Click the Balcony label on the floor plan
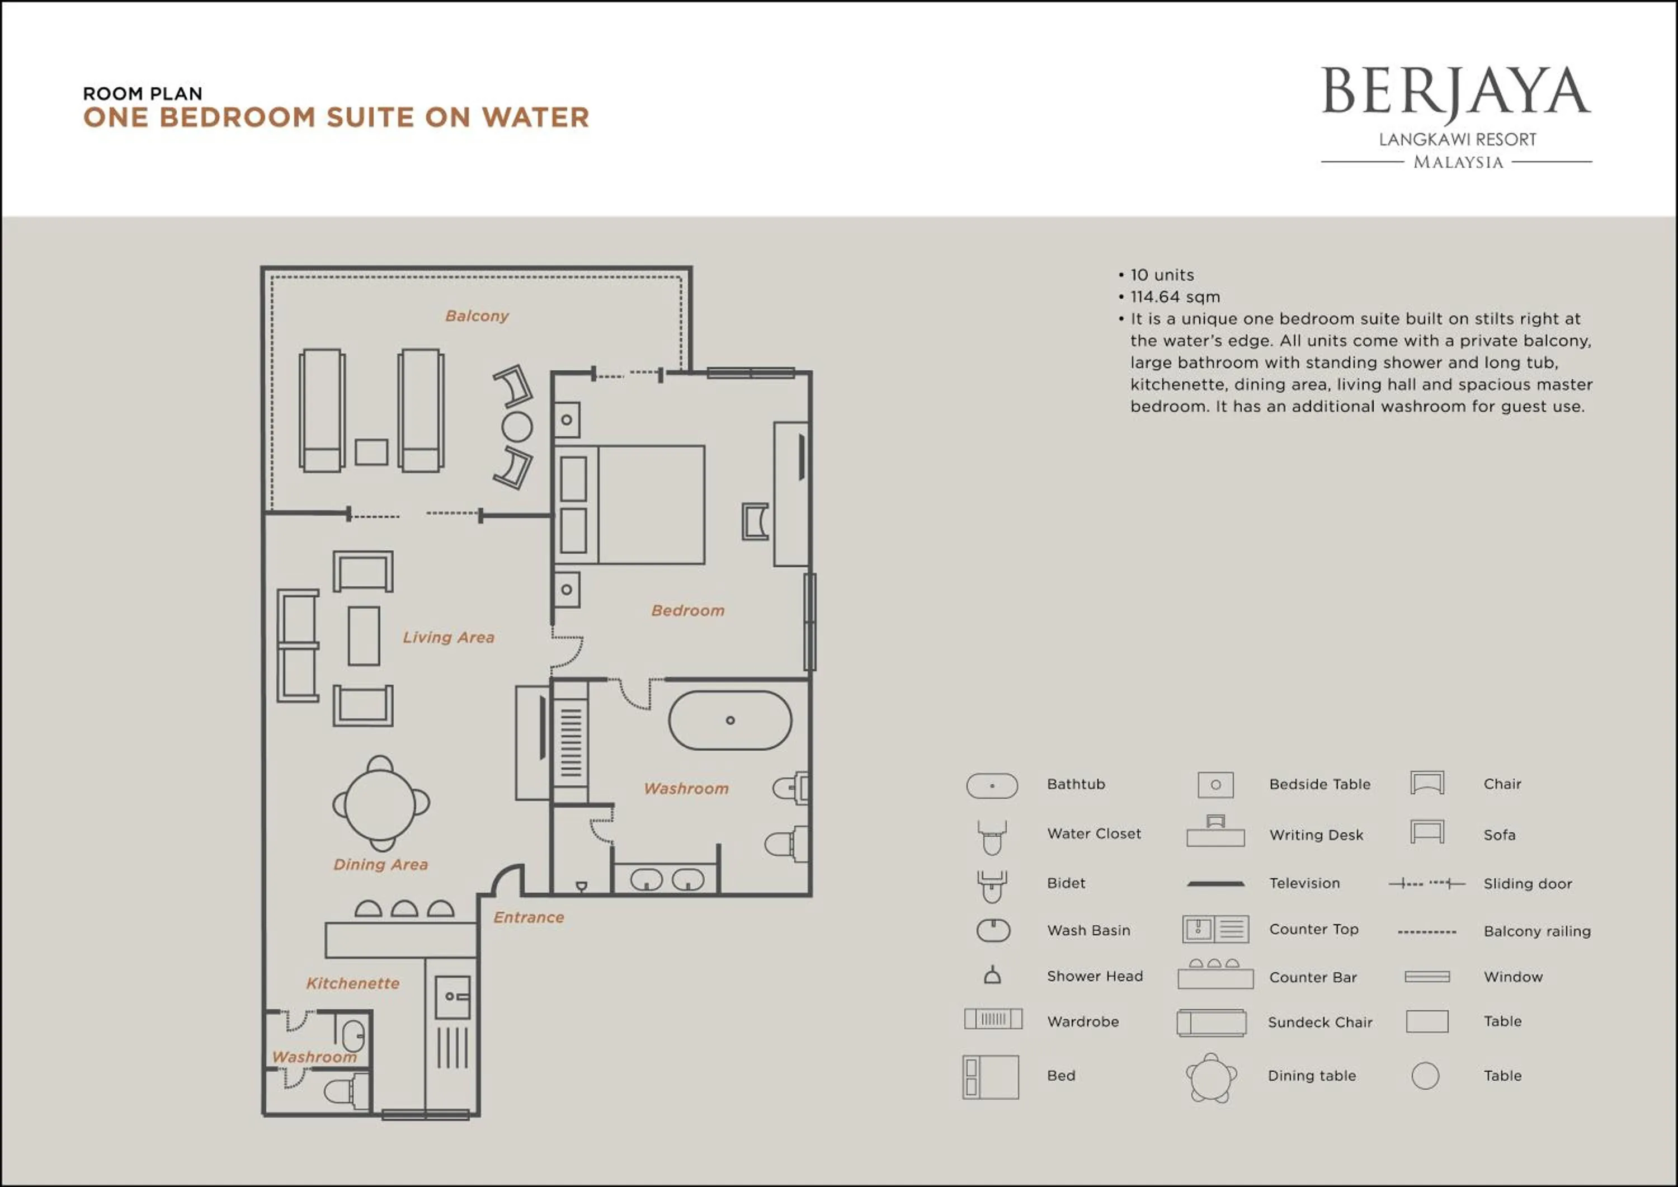[477, 315]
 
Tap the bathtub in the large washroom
[729, 720]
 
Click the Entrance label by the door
[529, 917]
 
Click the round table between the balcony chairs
[517, 427]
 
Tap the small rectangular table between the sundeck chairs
[371, 453]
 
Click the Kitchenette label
[352, 983]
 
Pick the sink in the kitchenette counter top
[453, 996]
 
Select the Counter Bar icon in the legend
[1215, 975]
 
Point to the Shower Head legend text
[1094, 976]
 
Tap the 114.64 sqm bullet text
[1175, 296]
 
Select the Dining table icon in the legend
[1211, 1077]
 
